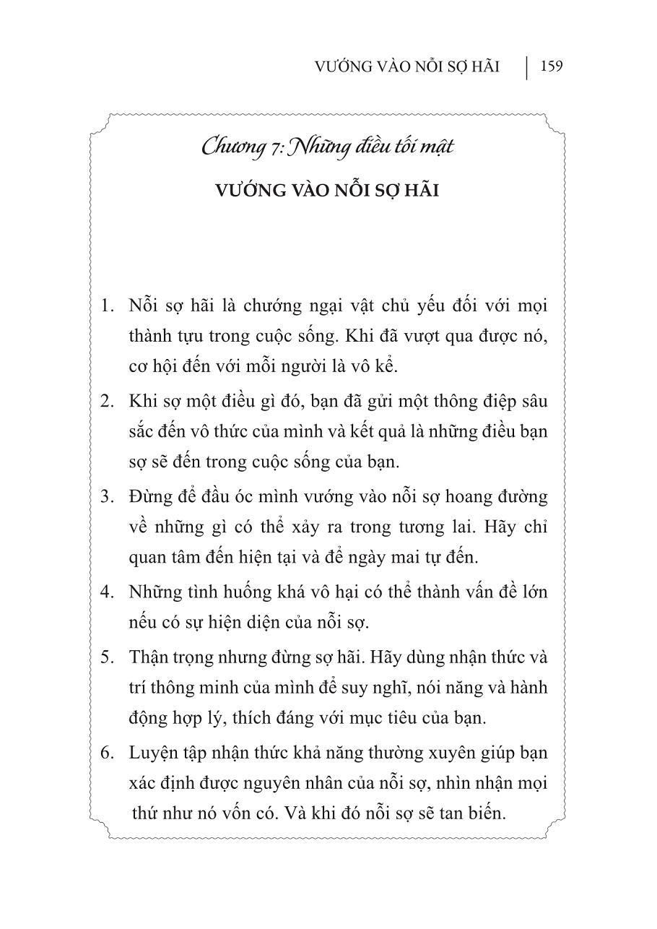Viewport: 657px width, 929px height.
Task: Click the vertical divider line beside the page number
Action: (x=526, y=68)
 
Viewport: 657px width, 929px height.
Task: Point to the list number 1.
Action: (x=108, y=306)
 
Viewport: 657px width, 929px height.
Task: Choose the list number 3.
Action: (x=108, y=497)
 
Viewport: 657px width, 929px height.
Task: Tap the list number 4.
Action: (x=108, y=592)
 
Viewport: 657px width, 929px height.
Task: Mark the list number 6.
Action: (x=108, y=753)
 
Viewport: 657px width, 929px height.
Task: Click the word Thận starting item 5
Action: (x=149, y=657)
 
